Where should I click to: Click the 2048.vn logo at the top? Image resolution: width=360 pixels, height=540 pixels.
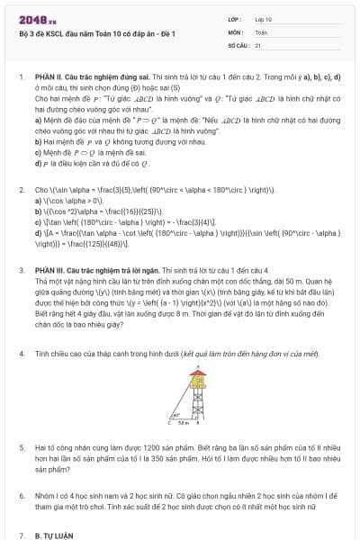coord(31,19)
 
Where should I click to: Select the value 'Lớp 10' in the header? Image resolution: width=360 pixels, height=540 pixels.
coord(264,18)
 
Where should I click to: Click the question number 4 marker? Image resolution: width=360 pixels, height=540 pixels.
coord(22,355)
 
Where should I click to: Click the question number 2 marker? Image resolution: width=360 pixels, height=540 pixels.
coord(22,191)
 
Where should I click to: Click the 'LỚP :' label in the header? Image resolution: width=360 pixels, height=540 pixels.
coord(236,18)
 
